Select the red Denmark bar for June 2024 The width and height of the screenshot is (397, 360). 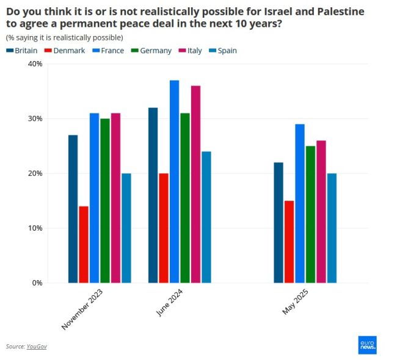coord(163,228)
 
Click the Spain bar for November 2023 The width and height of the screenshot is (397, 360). coord(126,228)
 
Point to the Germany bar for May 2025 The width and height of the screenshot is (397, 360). coord(310,214)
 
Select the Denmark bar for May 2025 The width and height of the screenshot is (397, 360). coord(289,242)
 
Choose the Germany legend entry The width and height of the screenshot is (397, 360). coord(151,51)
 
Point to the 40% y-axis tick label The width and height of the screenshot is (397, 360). coord(34,64)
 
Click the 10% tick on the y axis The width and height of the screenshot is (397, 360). coord(34,228)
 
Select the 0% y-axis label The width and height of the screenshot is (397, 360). coord(37,283)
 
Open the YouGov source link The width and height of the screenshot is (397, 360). coord(37,347)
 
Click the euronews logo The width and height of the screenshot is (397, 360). coord(367,345)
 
